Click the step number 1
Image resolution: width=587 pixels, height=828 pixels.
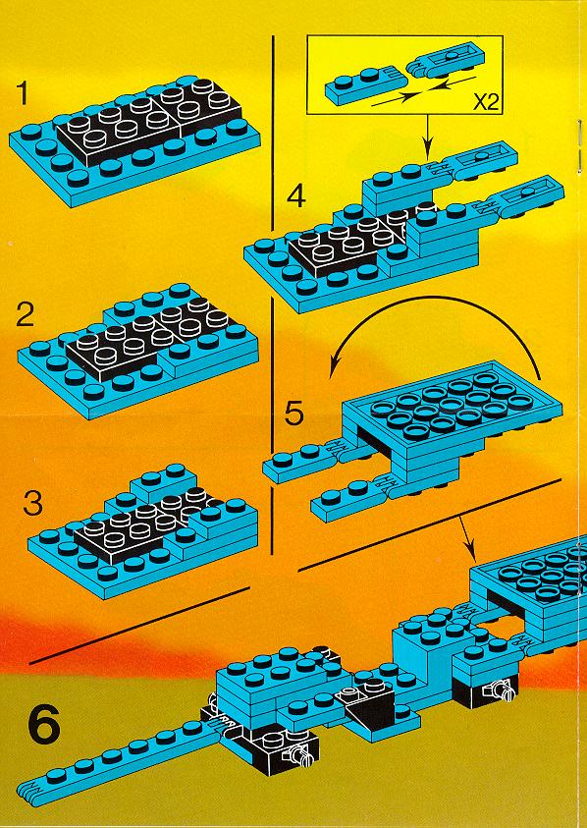pyautogui.click(x=24, y=94)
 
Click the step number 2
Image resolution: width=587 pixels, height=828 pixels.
pyautogui.click(x=25, y=316)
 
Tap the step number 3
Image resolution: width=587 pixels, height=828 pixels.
pyautogui.click(x=33, y=504)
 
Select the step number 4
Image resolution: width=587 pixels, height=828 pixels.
pyautogui.click(x=296, y=196)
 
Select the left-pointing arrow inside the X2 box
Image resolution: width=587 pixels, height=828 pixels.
pyautogui.click(x=448, y=82)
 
